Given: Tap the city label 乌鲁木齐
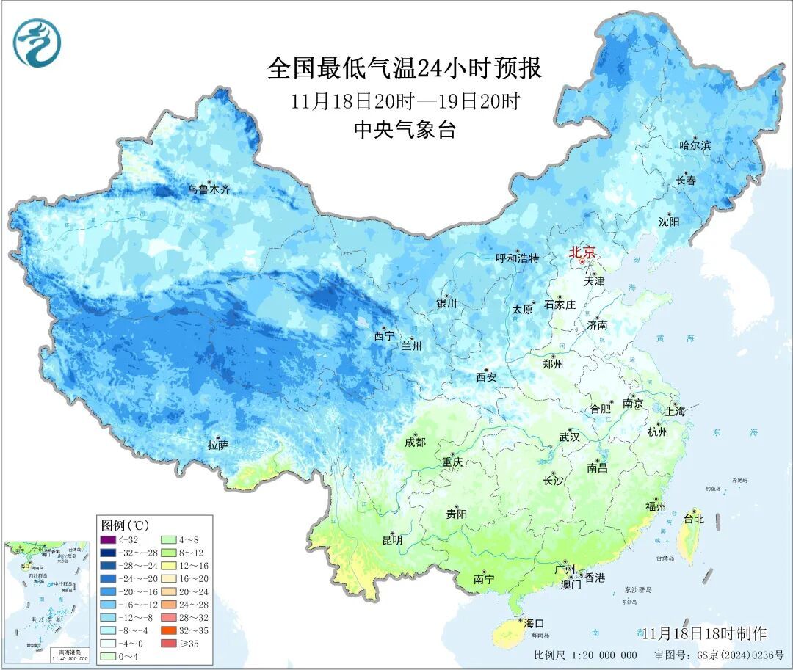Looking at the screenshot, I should click(209, 189).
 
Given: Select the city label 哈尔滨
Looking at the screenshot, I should click(695, 145).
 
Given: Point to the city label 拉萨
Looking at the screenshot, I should click(218, 445).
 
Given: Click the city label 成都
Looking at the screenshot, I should click(415, 442).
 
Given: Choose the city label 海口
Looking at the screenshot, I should click(533, 623).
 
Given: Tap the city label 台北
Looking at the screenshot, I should click(693, 519).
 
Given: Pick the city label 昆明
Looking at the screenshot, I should click(392, 540).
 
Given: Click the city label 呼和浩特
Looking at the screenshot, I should click(517, 258).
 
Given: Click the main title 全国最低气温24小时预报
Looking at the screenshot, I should click(405, 69).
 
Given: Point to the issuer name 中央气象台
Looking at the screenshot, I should click(405, 130).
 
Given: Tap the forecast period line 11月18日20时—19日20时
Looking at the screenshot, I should click(405, 101).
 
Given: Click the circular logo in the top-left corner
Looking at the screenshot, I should click(36, 42).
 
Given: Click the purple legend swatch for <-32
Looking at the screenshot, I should click(106, 541).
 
